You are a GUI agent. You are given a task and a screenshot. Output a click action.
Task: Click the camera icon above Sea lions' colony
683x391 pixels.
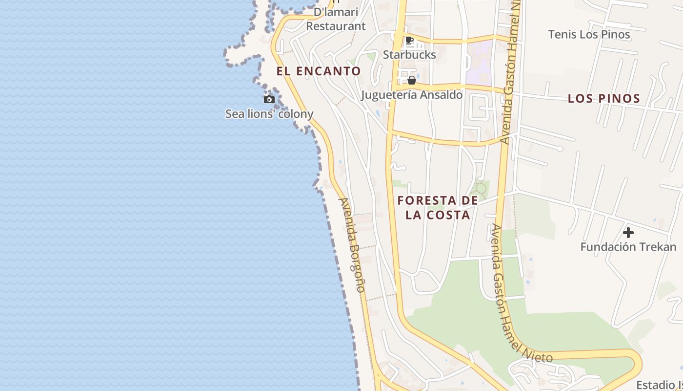point(269,100)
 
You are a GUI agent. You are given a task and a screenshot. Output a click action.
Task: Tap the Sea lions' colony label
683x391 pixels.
point(269,114)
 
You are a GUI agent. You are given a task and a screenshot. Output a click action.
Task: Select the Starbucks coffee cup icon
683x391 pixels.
point(409,41)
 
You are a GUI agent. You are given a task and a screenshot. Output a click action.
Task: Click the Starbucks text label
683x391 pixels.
point(409,54)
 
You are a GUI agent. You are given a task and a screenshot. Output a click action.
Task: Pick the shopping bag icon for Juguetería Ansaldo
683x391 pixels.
point(412,80)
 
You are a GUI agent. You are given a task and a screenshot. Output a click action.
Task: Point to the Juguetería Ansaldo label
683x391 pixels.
point(412,95)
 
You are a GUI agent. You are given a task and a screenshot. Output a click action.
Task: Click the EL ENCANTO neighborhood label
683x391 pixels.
point(319,71)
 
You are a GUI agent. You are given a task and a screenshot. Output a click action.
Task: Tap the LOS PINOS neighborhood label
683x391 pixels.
point(603,99)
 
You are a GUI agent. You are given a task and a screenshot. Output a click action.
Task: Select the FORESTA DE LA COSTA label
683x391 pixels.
point(438,208)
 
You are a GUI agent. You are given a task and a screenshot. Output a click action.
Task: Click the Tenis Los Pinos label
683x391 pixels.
point(589,35)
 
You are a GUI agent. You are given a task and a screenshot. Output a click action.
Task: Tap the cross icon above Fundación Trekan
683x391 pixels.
point(628,233)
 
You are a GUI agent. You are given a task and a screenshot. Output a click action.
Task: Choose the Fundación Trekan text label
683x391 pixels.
point(628,247)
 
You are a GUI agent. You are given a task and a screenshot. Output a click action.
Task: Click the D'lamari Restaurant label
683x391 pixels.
point(336,19)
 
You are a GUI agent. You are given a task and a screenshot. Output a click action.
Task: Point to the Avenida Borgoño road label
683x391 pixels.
point(352,244)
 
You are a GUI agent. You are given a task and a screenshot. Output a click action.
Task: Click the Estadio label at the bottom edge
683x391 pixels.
point(659,384)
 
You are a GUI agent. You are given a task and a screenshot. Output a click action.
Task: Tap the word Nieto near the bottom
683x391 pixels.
point(537,355)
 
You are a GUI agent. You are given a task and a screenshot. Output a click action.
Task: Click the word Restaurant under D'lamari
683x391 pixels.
point(336,26)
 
